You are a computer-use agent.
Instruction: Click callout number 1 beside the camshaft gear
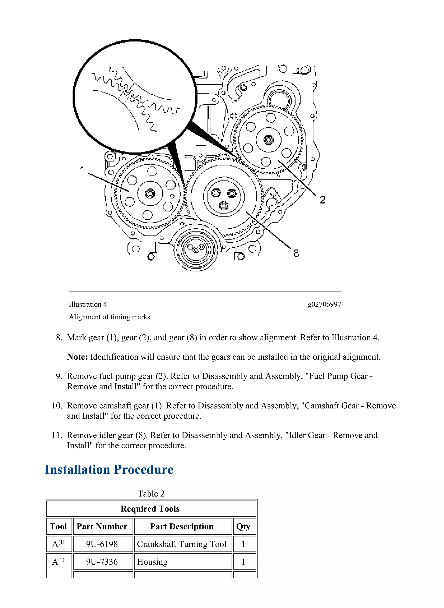[82, 170]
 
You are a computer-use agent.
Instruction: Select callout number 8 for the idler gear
[296, 253]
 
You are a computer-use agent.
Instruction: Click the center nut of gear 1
[150, 193]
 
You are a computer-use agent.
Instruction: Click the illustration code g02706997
[324, 304]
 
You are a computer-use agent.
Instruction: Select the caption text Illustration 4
[88, 304]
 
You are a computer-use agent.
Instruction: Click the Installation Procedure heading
[109, 470]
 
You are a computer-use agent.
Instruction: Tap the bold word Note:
[77, 357]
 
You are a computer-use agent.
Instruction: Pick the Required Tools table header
[150, 509]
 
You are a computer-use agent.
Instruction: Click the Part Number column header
[102, 526]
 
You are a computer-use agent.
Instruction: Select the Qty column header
[243, 526]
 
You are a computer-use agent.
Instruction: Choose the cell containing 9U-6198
[102, 544]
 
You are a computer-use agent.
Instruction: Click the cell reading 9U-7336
[102, 562]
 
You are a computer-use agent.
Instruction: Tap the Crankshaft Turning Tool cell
[182, 544]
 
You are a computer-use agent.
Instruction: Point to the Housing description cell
[152, 562]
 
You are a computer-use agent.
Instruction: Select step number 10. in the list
[57, 406]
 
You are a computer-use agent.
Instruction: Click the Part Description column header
[182, 526]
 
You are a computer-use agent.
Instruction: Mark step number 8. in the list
[59, 337]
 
